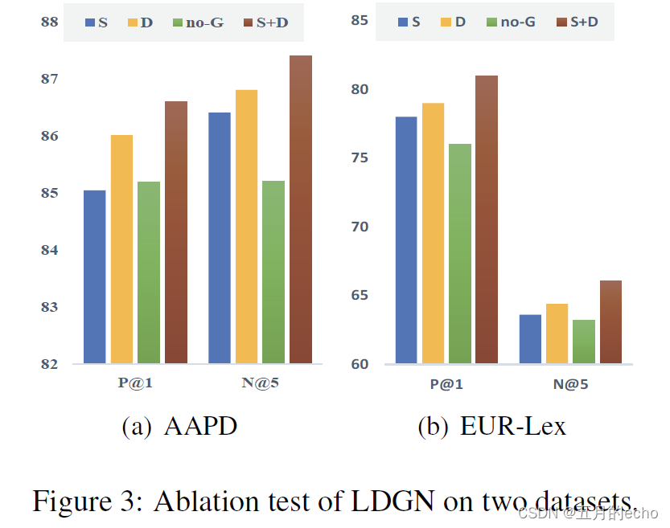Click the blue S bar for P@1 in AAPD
[x=95, y=276]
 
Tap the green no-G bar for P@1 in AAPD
[x=149, y=272]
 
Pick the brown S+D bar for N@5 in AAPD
[x=300, y=210]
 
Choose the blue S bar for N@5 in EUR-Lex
[x=530, y=339]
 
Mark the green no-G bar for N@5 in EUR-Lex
[x=584, y=342]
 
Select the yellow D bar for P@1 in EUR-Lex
[x=433, y=233]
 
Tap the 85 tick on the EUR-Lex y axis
[x=358, y=20]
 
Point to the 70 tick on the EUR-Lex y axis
[x=358, y=227]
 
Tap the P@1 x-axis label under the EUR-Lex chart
[x=446, y=384]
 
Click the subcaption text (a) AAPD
[x=179, y=426]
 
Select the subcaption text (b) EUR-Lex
[x=491, y=426]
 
